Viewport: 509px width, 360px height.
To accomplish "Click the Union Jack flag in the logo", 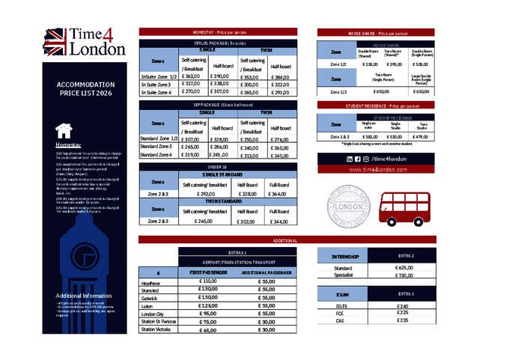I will point(57,42).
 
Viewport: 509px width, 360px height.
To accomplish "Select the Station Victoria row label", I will point(156,329).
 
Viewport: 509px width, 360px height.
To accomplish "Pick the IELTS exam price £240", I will point(403,306).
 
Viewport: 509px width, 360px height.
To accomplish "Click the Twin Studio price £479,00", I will point(423,137).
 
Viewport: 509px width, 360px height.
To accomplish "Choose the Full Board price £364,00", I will point(278,194).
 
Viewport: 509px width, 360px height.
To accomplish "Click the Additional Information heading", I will point(84,296).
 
